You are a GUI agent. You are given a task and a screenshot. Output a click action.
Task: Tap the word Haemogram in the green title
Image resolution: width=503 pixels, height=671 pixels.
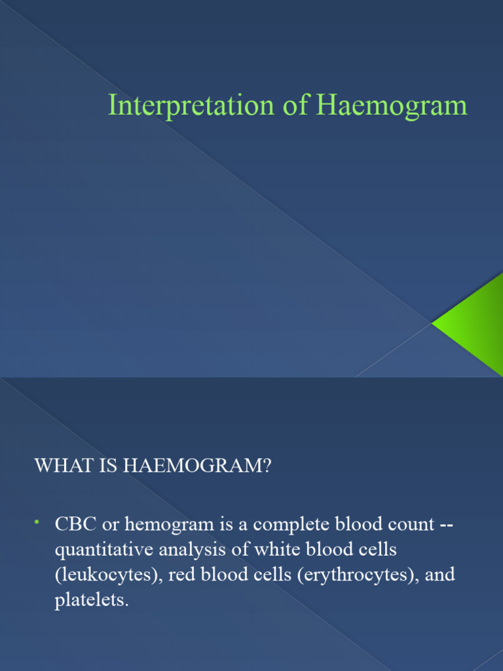point(392,106)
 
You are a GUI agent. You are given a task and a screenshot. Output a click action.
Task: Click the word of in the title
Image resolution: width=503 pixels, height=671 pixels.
point(295,106)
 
